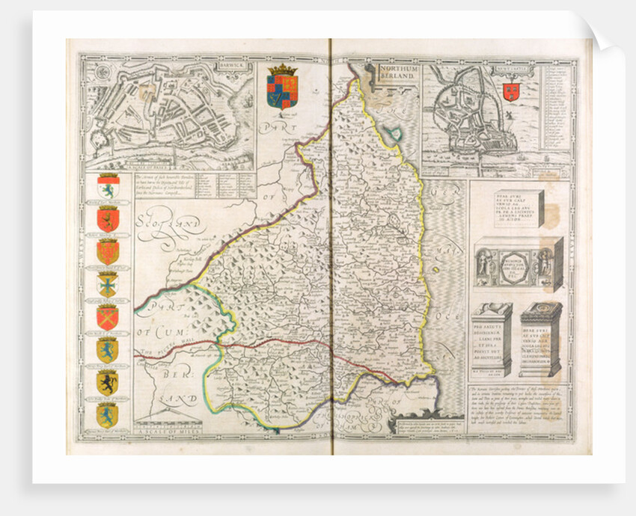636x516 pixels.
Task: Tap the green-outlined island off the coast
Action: click(x=394, y=133)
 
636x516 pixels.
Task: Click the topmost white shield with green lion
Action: click(x=108, y=187)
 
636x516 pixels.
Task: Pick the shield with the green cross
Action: click(x=108, y=284)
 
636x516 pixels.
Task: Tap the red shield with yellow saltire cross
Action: click(x=108, y=316)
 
